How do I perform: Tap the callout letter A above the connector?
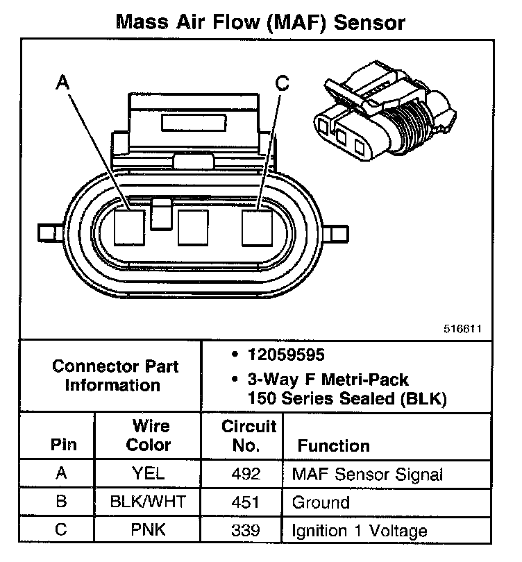pos(62,83)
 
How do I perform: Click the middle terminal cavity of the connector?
pos(193,227)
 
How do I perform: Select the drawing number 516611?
pos(463,329)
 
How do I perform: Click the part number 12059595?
pos(285,355)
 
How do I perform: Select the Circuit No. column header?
pos(249,435)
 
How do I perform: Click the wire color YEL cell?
pos(148,475)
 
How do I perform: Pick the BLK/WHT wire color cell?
pos(148,502)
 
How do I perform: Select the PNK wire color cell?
pos(148,531)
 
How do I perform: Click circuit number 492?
pos(247,475)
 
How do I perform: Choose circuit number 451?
pos(247,502)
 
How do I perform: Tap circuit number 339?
pos(247,531)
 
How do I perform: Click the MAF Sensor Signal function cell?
pos(367,475)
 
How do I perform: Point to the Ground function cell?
pos(321,502)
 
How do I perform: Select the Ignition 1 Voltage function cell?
pos(360,531)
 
